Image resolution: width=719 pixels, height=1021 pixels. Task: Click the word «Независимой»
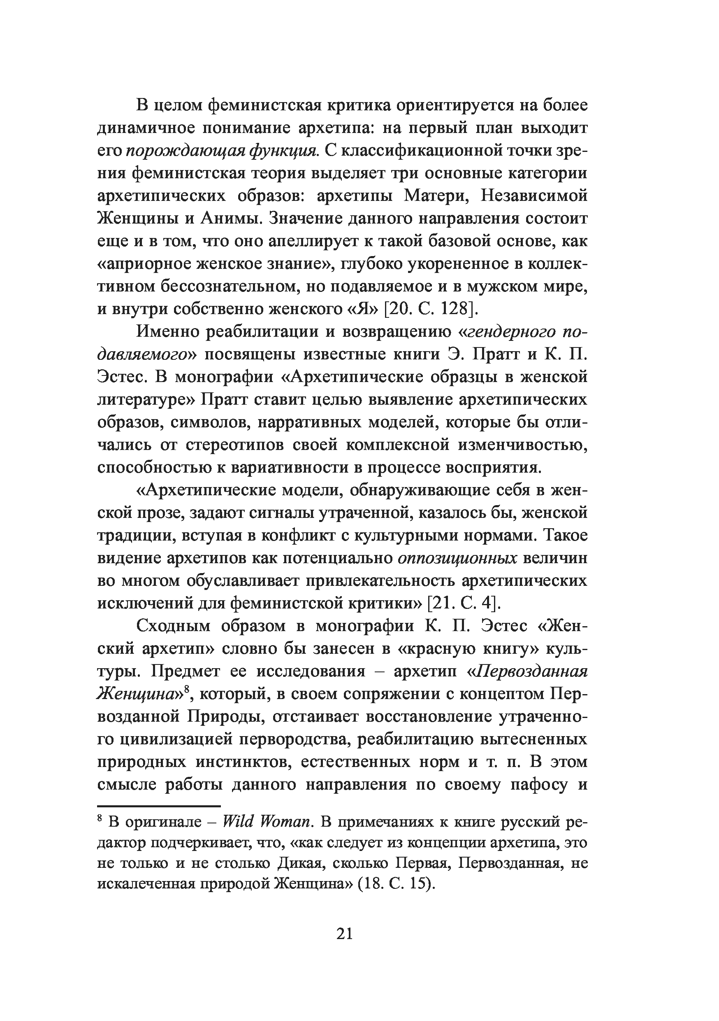pyautogui.click(x=535, y=196)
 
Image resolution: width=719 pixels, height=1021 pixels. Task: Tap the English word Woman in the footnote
pyautogui.click(x=285, y=822)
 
